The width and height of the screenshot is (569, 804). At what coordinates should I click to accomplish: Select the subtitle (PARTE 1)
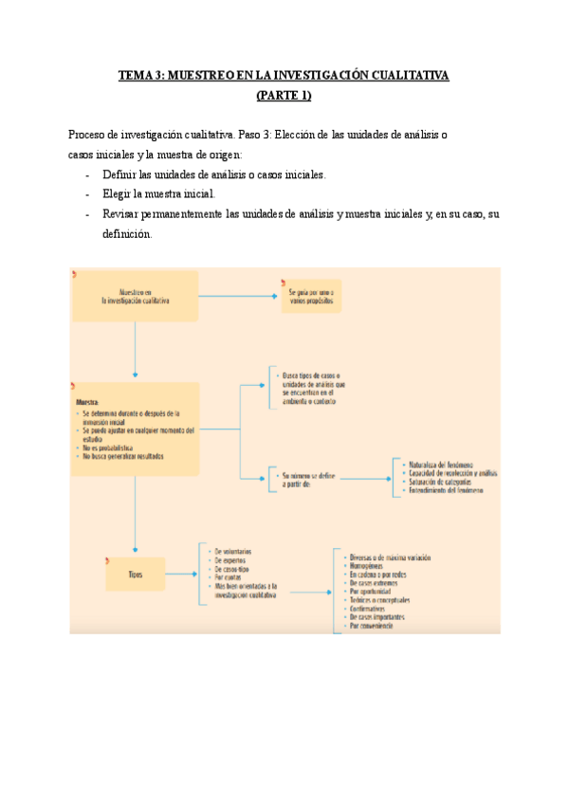tap(284, 95)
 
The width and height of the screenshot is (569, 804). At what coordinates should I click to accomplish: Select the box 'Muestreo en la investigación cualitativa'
tap(136, 296)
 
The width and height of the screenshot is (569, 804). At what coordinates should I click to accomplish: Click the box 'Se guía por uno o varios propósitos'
tap(311, 296)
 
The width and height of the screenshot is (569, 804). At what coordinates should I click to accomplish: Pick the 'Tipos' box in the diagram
tap(136, 575)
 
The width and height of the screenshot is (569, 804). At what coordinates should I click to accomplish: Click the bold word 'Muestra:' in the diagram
tap(87, 402)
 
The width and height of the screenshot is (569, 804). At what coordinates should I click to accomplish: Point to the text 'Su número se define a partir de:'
tap(303, 479)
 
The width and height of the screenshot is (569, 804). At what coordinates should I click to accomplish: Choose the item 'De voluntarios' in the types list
tap(233, 551)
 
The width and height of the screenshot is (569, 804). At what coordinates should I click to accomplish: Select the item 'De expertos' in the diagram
tap(230, 560)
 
